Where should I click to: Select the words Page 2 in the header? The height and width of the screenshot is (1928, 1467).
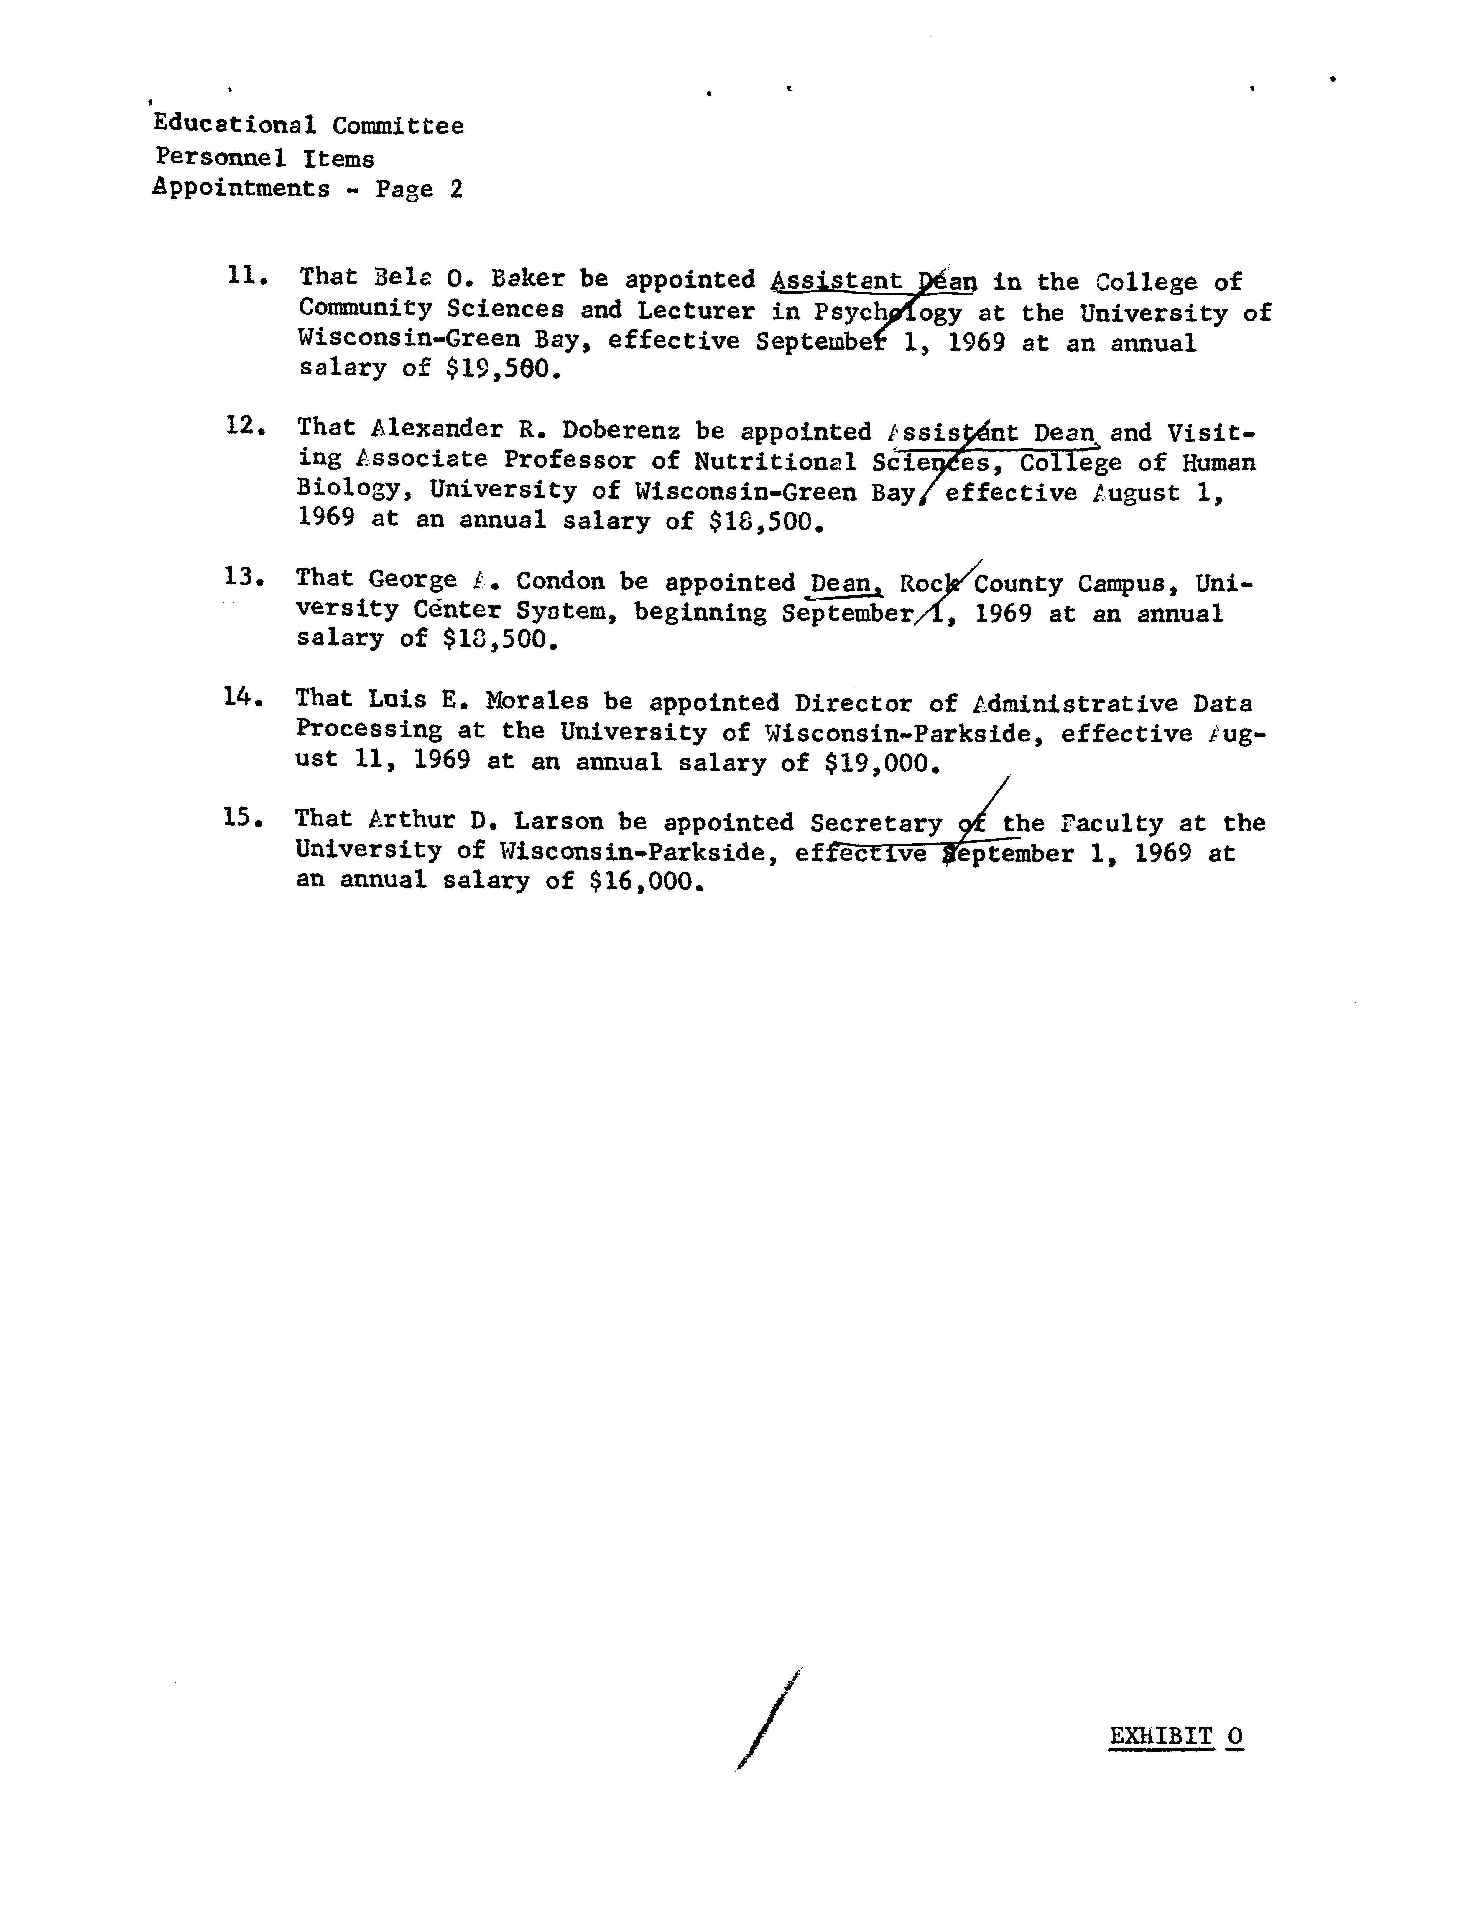(x=419, y=189)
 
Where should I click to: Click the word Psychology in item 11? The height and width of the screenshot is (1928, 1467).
(x=887, y=312)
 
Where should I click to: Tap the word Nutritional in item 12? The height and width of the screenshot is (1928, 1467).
(x=774, y=460)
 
